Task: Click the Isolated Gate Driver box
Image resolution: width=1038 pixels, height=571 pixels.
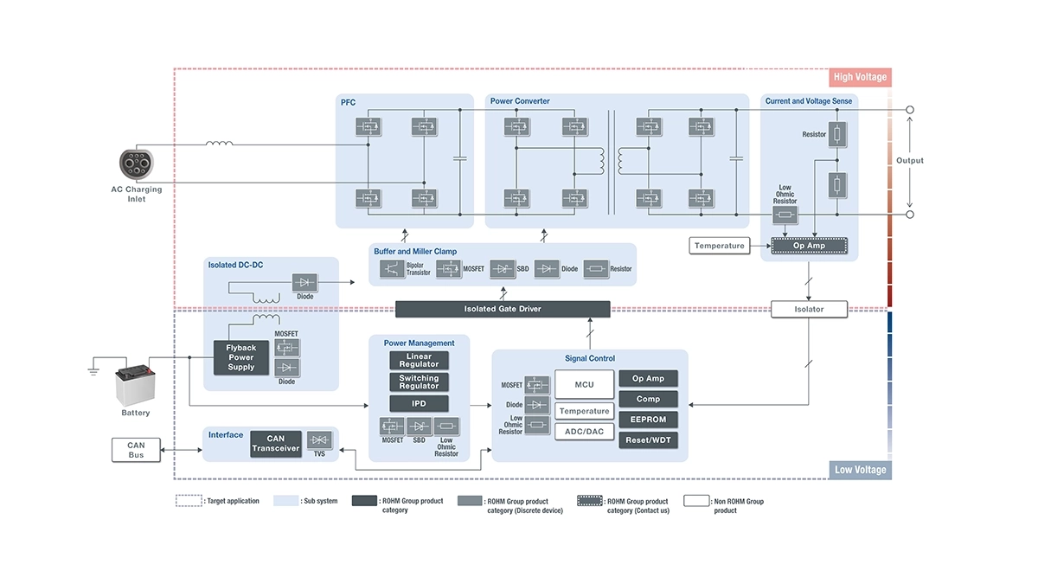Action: click(x=503, y=309)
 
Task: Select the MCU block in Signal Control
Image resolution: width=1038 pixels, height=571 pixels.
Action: click(x=584, y=385)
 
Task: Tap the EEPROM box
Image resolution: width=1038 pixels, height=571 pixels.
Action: click(x=648, y=420)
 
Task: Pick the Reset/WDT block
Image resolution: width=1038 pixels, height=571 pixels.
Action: click(x=648, y=440)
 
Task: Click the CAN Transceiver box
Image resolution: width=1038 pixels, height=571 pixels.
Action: click(x=275, y=444)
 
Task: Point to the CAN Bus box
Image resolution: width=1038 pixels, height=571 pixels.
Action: click(x=136, y=450)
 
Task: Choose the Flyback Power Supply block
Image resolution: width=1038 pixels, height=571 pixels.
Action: click(x=241, y=358)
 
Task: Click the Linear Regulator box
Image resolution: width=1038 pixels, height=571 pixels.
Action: click(x=419, y=361)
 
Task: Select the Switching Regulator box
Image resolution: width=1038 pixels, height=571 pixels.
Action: click(x=419, y=382)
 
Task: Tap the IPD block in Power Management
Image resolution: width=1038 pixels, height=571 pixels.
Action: click(x=419, y=404)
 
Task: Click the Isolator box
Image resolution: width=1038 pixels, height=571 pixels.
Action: click(x=809, y=309)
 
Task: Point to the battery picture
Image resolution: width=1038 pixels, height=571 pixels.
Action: click(x=135, y=386)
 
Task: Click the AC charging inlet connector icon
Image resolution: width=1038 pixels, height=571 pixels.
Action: click(x=137, y=164)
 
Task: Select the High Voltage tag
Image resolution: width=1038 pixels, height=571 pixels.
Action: click(x=859, y=77)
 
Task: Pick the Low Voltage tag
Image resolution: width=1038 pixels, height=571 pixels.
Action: click(x=860, y=470)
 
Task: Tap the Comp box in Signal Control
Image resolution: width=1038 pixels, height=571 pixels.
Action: click(x=648, y=399)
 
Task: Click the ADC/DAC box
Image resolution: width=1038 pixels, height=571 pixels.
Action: click(x=584, y=431)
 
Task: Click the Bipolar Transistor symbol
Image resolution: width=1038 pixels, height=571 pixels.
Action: click(x=394, y=268)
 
